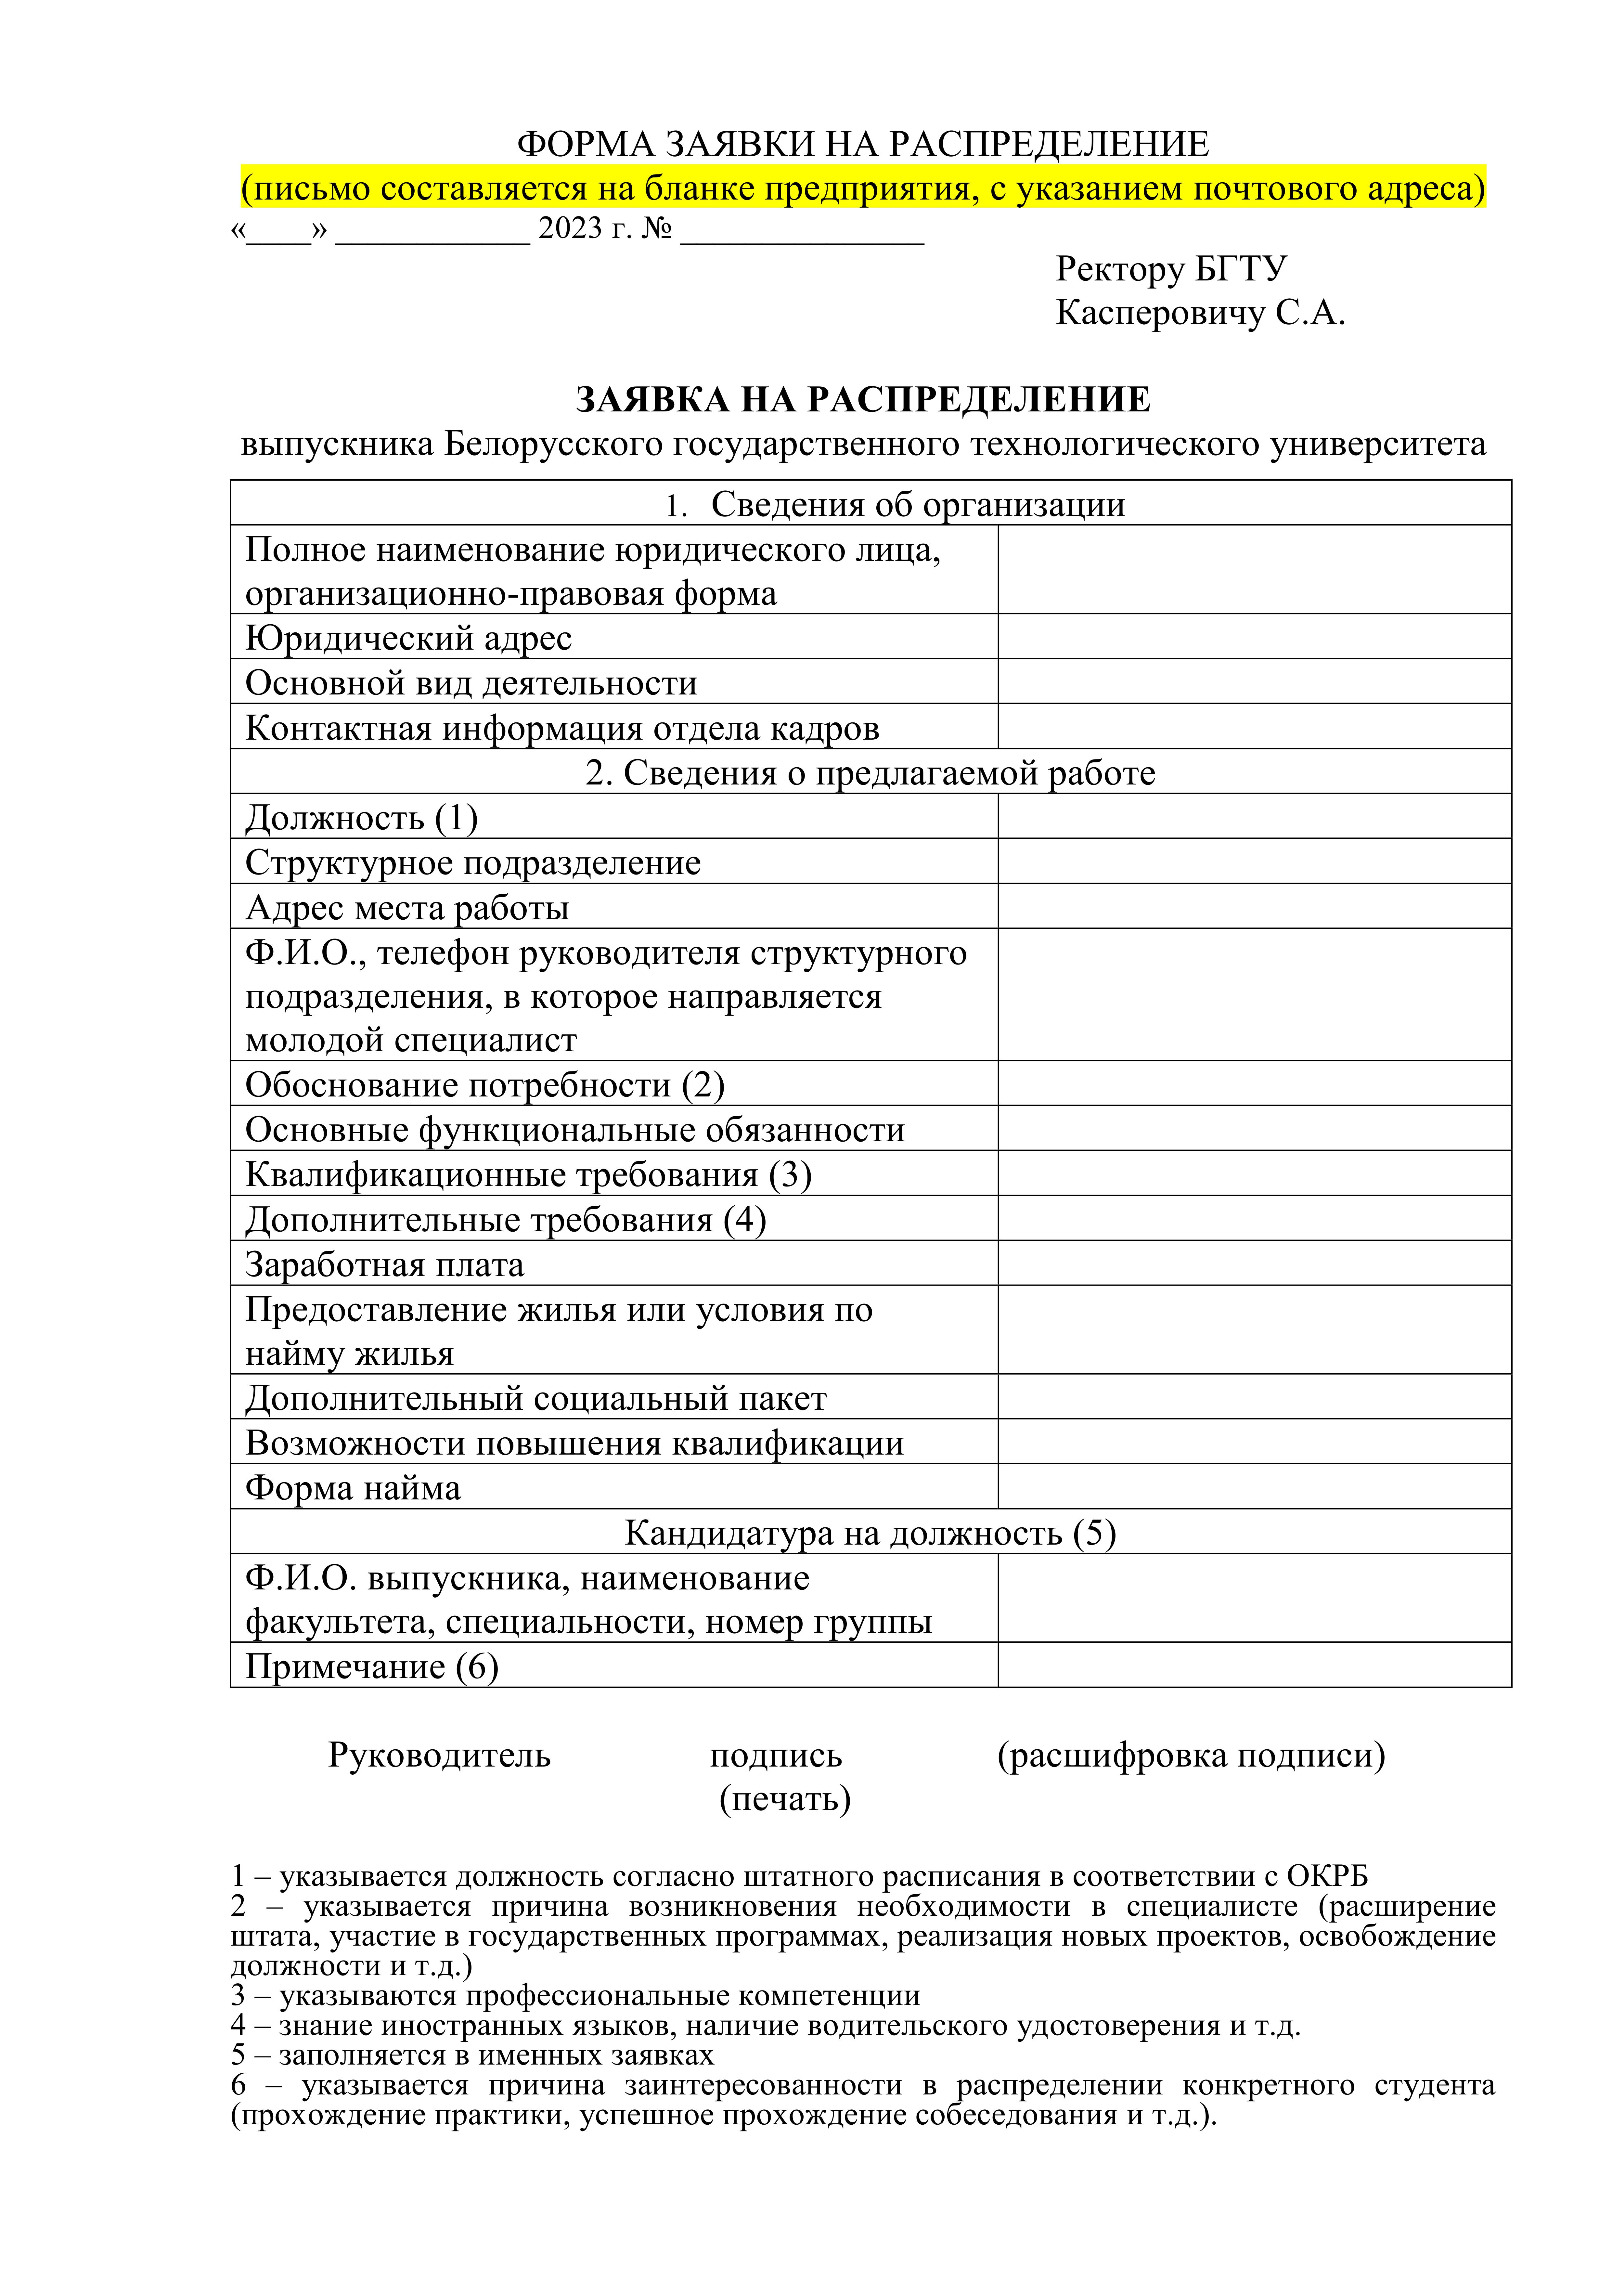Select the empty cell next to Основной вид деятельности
pos(1254,681)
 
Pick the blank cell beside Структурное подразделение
pos(1254,861)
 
